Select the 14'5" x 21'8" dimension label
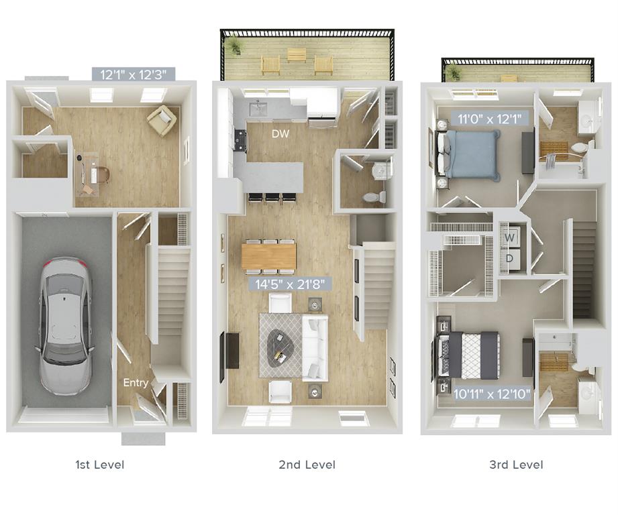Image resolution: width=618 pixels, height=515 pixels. click(290, 284)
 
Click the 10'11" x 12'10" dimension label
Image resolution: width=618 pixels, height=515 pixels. click(492, 394)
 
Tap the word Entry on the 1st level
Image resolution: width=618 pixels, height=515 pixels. click(135, 382)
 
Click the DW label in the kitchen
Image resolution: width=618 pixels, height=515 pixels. click(280, 133)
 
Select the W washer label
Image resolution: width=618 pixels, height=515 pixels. click(509, 237)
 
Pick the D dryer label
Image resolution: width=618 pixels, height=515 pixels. click(509, 258)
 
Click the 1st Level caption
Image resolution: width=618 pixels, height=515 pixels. click(100, 464)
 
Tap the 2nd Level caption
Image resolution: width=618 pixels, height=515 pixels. click(307, 464)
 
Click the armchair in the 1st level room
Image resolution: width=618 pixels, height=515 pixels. click(162, 121)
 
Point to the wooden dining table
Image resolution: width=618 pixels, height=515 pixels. click(268, 255)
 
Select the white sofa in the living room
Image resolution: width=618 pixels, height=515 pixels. click(314, 347)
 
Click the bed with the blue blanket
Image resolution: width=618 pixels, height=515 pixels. click(470, 155)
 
